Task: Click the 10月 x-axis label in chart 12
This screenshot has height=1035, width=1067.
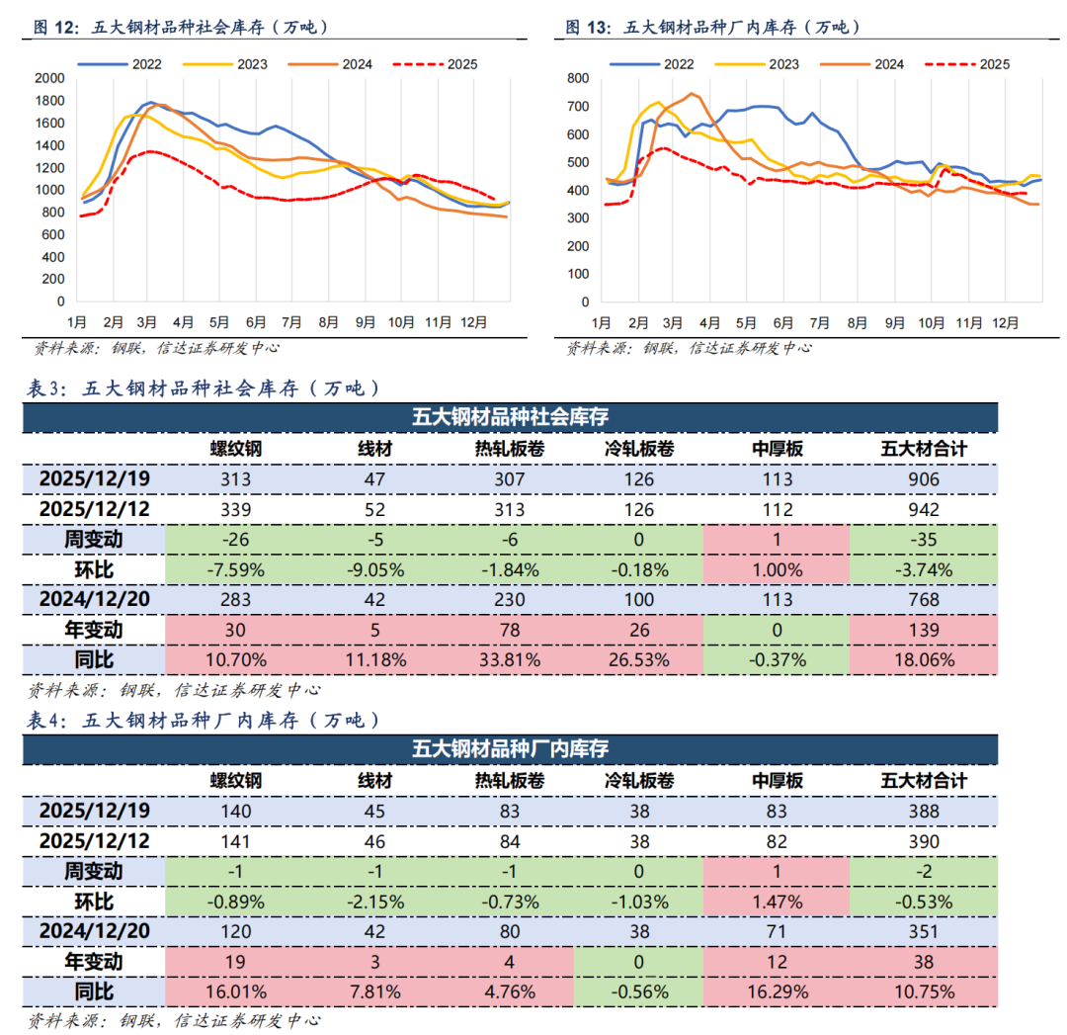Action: [401, 323]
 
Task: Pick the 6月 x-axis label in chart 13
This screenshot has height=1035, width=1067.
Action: [784, 323]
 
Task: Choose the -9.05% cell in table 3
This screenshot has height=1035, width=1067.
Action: [375, 569]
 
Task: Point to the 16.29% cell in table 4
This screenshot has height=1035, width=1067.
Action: [777, 992]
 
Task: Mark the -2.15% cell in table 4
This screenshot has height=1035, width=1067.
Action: [375, 902]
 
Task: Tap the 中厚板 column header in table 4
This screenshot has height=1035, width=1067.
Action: [777, 781]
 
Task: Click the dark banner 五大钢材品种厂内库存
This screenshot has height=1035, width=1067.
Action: [510, 748]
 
